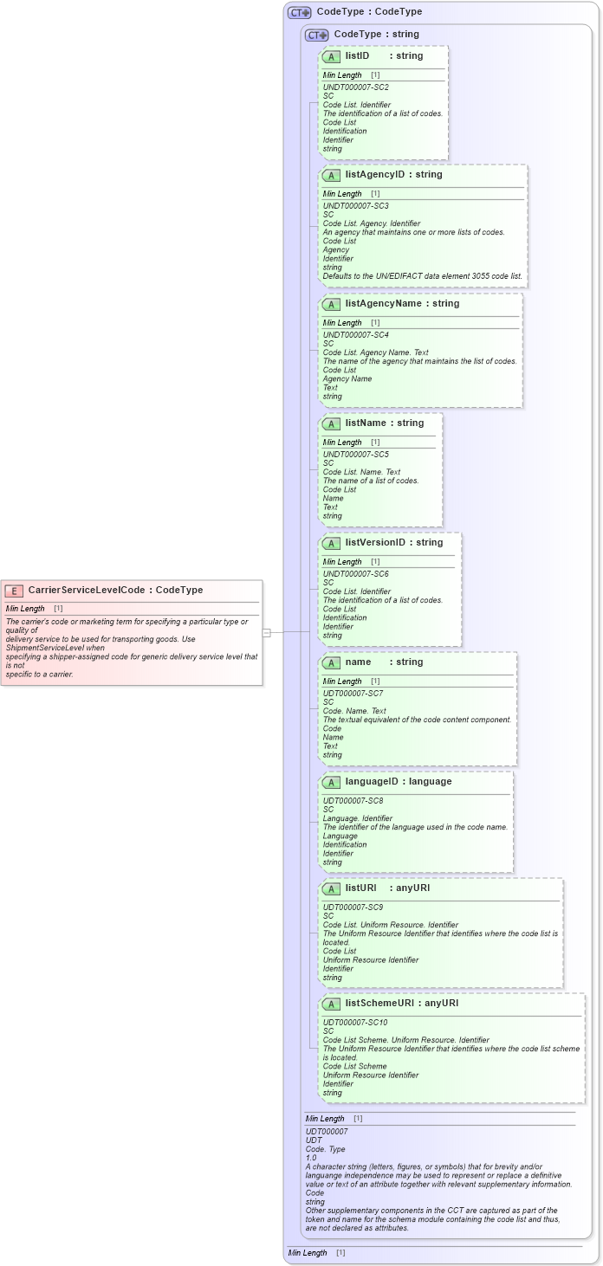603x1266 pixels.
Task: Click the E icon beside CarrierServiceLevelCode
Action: coord(14,591)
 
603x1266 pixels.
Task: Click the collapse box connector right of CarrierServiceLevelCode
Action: coord(267,633)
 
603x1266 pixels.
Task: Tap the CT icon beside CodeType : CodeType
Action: coord(300,13)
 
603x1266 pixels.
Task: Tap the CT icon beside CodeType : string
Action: coord(317,36)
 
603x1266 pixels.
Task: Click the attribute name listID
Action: coord(357,56)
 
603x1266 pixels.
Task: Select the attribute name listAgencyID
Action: coord(374,175)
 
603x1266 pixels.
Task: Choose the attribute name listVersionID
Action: coord(375,543)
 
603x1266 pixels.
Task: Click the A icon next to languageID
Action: coord(331,782)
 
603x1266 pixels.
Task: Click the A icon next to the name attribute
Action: coord(331,662)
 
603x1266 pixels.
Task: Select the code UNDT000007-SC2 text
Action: coord(355,87)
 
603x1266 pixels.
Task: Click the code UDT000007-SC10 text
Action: coord(355,1023)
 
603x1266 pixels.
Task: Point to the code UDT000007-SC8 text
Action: coord(353,801)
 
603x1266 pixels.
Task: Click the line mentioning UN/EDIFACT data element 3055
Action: coord(422,276)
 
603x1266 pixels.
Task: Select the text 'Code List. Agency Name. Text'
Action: coord(376,352)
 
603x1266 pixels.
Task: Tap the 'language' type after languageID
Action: coord(430,782)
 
